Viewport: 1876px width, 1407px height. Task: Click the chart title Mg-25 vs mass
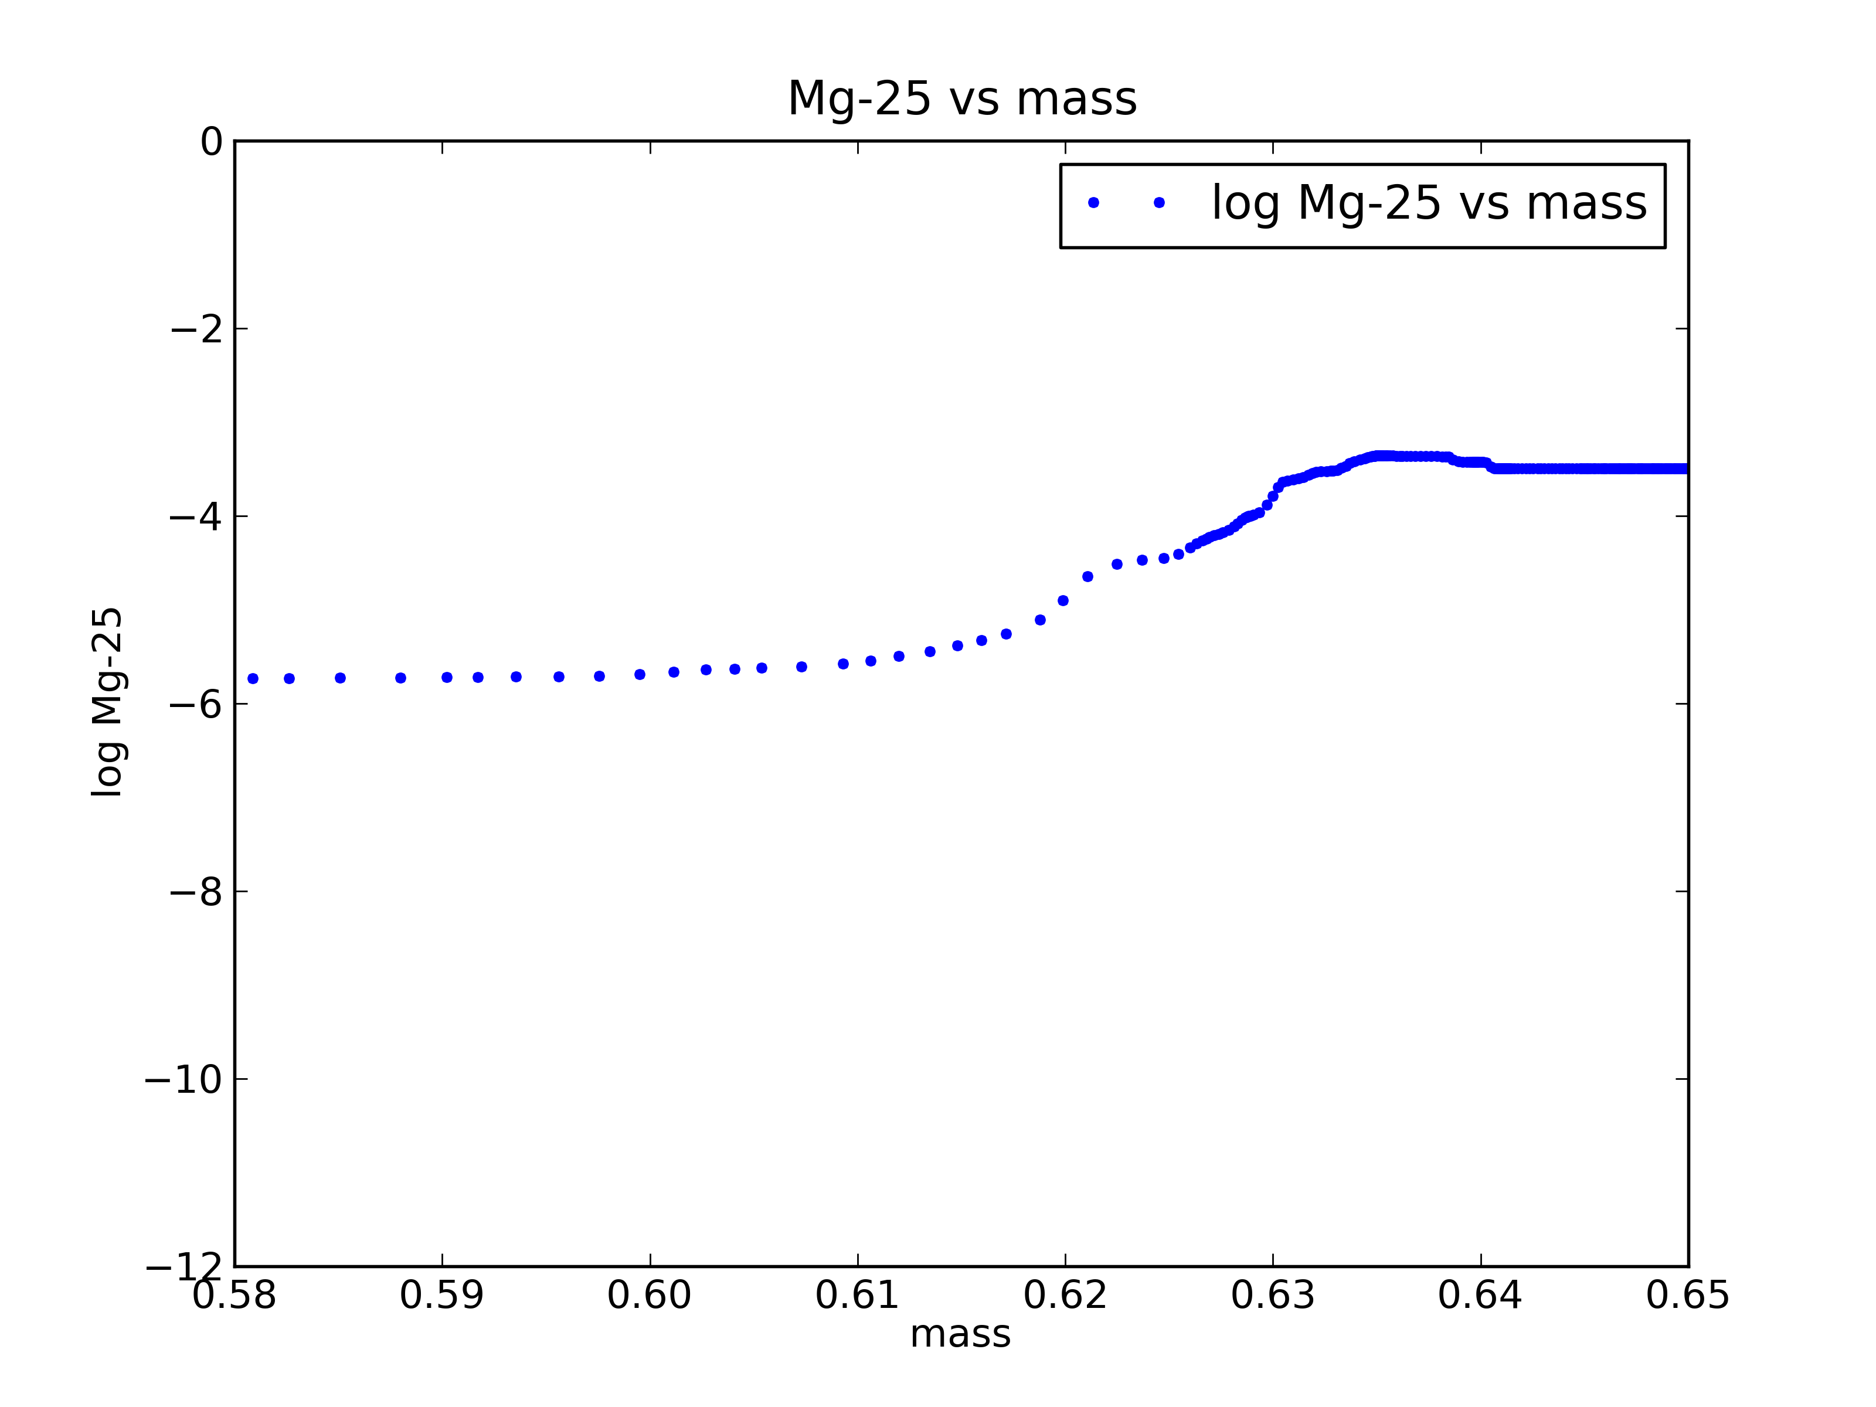point(962,99)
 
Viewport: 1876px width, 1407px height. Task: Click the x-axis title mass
point(960,1334)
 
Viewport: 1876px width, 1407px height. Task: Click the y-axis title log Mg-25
point(108,702)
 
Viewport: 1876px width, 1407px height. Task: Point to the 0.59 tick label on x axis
point(442,1295)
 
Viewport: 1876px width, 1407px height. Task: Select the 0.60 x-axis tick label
point(650,1295)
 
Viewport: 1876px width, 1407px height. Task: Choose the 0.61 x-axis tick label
point(858,1295)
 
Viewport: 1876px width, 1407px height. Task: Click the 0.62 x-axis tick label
point(1065,1295)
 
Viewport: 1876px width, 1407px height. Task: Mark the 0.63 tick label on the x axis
point(1273,1295)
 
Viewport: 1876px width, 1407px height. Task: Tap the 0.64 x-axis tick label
point(1480,1295)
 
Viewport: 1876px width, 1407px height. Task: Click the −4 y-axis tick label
point(197,516)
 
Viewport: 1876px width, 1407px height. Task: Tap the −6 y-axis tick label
point(197,704)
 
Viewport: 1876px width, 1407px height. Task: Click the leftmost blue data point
point(253,678)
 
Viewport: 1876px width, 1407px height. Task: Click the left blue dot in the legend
point(1093,203)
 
